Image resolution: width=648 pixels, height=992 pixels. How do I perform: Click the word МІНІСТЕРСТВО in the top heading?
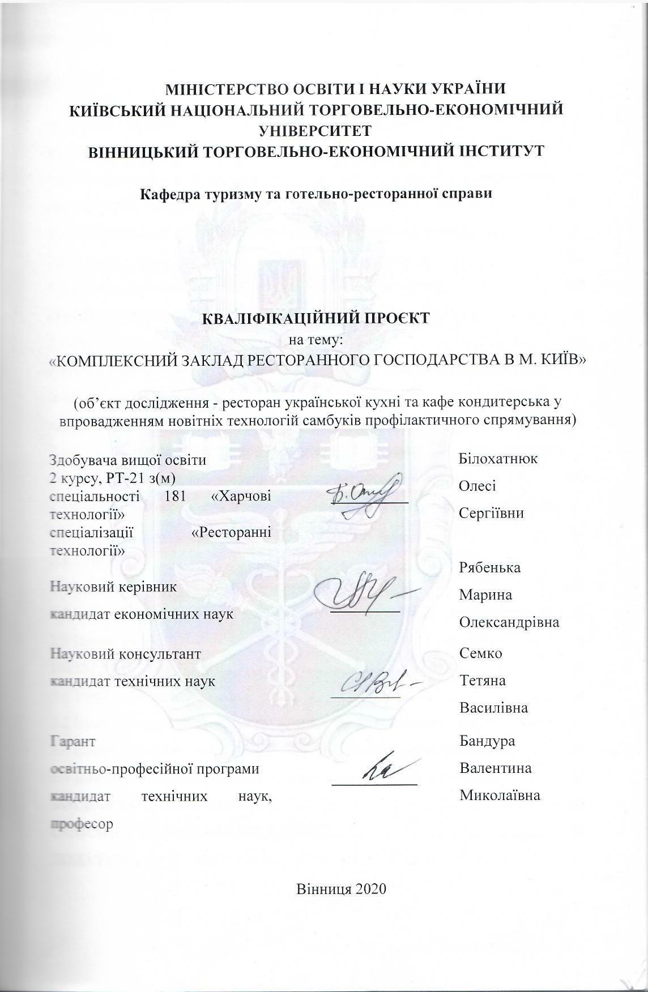[217, 89]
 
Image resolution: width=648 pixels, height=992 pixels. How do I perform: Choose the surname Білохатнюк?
[498, 459]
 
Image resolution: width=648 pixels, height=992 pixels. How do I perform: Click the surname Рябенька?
[490, 567]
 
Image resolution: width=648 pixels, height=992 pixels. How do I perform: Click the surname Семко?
[481, 653]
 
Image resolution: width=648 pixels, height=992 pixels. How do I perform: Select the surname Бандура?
[487, 741]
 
